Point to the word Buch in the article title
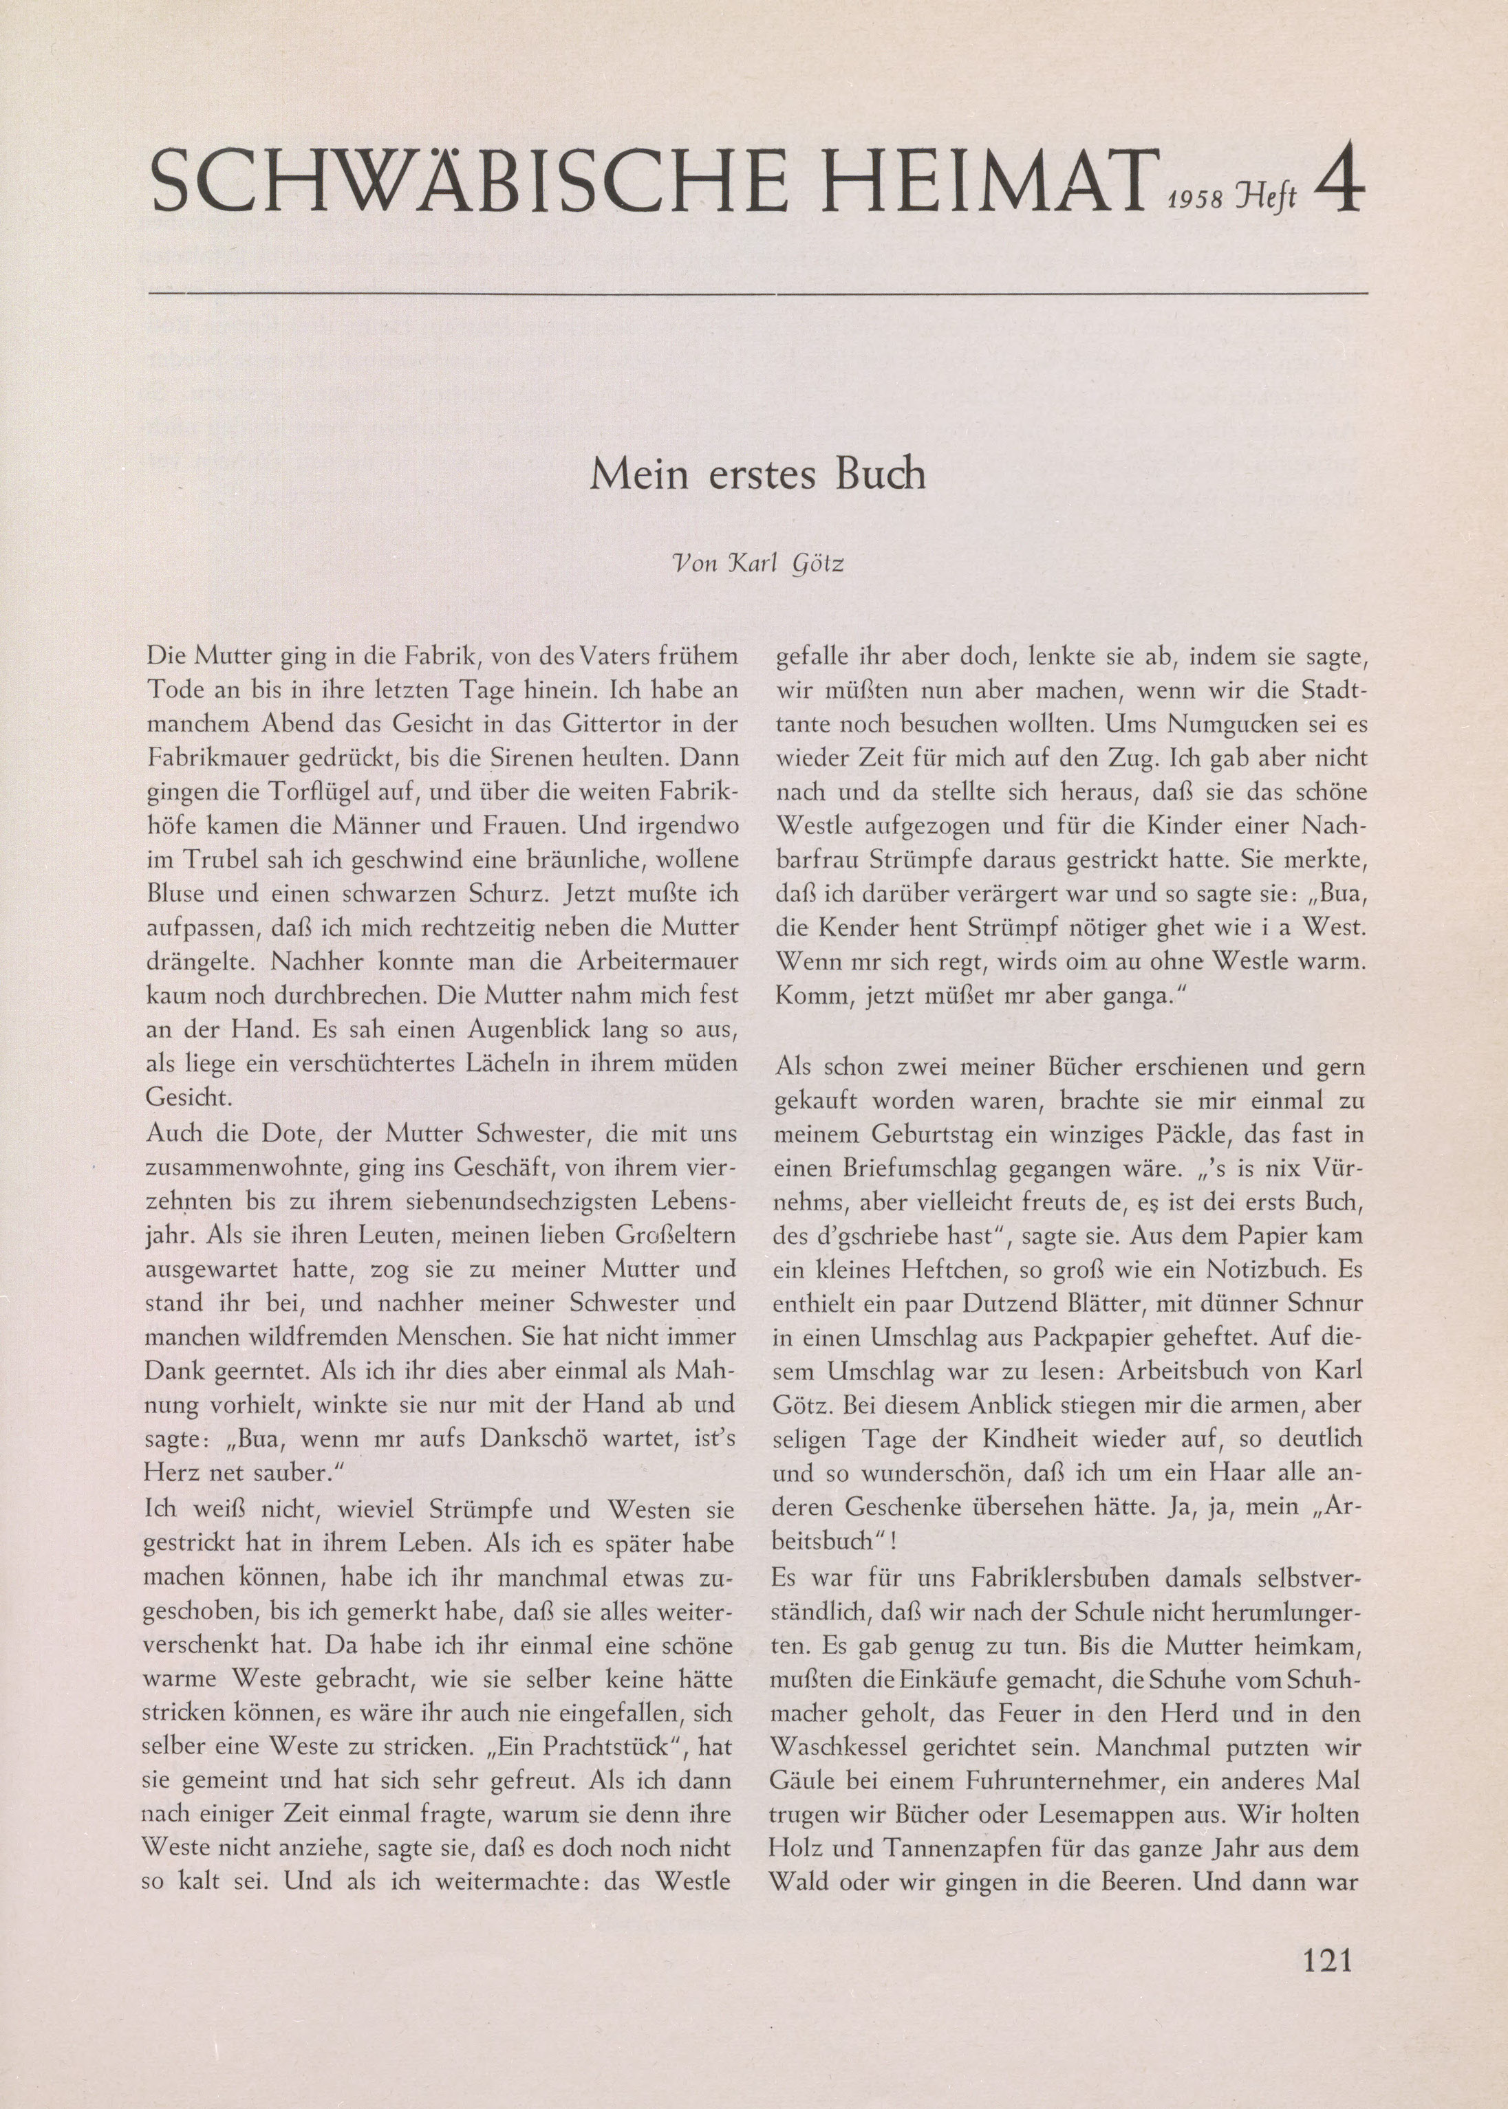(881, 474)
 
